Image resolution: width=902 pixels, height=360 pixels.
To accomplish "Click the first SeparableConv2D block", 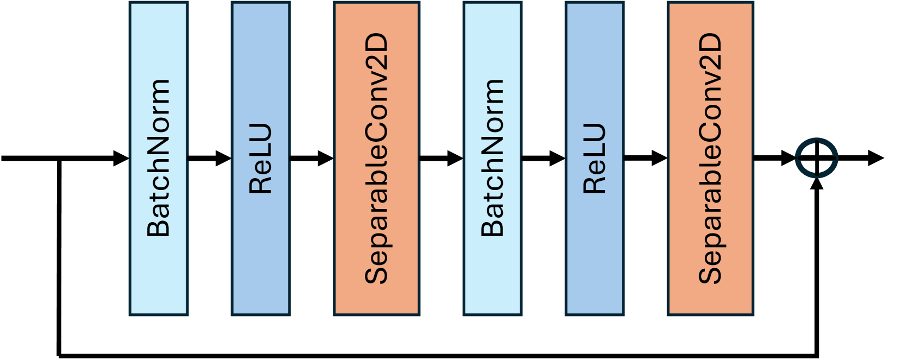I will [376, 158].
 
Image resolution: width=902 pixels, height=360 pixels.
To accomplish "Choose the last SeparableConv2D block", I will [710, 158].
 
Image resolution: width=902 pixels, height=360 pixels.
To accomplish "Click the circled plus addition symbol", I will [817, 158].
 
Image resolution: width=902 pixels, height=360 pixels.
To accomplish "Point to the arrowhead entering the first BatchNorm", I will [122, 159].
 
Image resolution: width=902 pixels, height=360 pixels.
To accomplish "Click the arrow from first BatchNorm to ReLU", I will [209, 159].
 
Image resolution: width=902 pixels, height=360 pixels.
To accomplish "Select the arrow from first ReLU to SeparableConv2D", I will [311, 159].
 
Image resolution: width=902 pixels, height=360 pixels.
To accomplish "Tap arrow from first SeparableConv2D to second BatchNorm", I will [441, 159].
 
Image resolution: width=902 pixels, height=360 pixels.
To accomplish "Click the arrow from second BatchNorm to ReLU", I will [543, 159].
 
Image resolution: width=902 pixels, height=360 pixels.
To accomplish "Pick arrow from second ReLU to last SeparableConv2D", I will [645, 158].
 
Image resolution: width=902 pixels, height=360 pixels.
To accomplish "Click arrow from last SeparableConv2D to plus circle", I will [774, 158].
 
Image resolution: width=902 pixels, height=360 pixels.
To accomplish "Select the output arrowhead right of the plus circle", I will [875, 158].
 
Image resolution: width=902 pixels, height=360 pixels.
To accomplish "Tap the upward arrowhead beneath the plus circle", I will [817, 184].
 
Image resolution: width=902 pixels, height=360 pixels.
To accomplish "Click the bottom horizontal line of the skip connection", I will [434, 356].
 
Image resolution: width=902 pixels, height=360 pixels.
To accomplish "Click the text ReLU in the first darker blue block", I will [261, 159].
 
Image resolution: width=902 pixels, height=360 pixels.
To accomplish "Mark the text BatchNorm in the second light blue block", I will [493, 157].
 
